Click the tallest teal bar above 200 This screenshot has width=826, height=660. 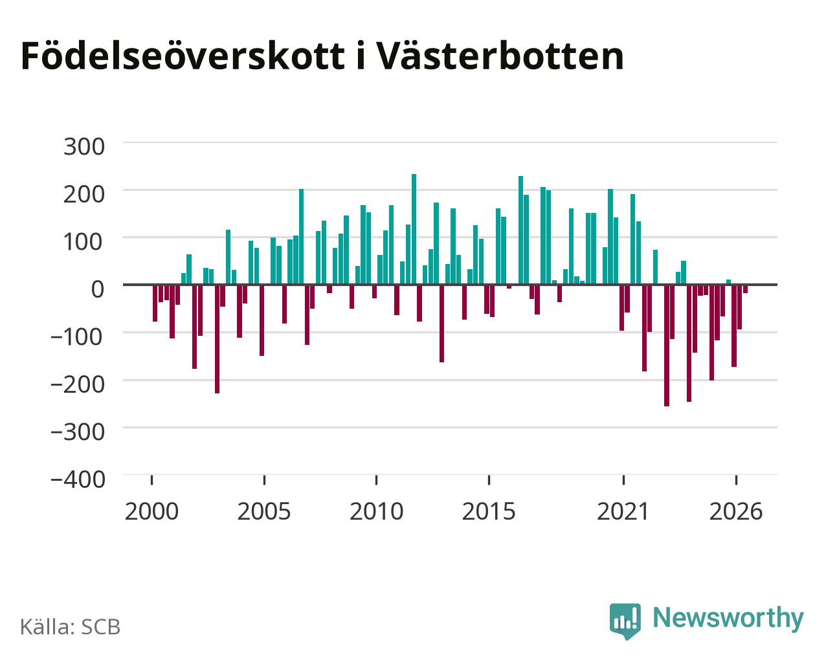[x=414, y=229]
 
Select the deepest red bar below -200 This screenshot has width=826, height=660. [x=667, y=346]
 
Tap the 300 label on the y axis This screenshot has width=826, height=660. [x=84, y=147]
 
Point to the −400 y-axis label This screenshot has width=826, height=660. [x=78, y=479]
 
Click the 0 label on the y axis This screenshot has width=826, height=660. [x=98, y=289]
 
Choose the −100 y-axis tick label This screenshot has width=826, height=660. [x=77, y=337]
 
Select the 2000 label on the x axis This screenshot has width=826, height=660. [x=151, y=511]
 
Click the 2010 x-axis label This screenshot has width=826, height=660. [x=377, y=511]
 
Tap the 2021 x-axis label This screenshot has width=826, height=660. [x=623, y=511]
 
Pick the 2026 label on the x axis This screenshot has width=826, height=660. [x=736, y=511]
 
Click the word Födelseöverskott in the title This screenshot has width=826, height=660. [x=183, y=56]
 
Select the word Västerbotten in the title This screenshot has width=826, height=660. [x=500, y=56]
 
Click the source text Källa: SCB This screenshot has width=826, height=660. [x=71, y=626]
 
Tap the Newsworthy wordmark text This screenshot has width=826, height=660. [x=728, y=618]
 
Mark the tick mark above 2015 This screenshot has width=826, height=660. [x=489, y=480]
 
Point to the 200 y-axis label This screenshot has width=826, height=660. [x=84, y=194]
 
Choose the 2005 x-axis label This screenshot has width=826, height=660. [x=264, y=511]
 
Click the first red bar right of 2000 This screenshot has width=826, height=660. [x=155, y=303]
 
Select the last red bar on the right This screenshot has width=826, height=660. [x=745, y=289]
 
